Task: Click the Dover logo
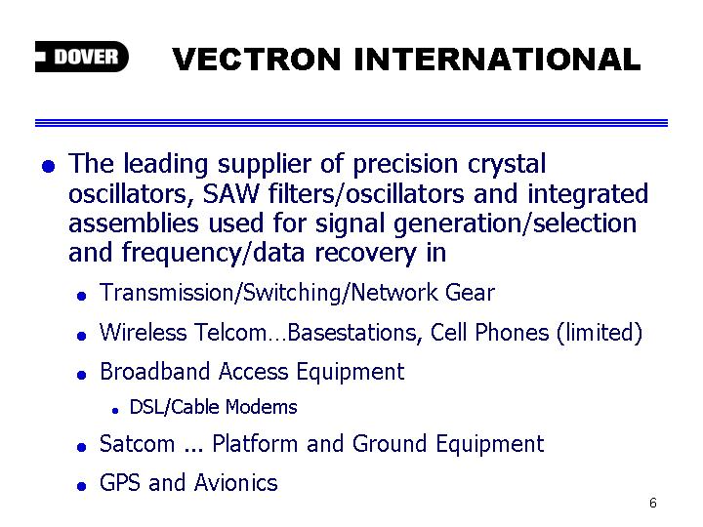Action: [82, 57]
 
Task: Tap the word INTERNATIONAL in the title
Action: [497, 60]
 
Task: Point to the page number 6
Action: [653, 503]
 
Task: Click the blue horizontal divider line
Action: [351, 123]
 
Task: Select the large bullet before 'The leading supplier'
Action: [49, 166]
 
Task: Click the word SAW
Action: [230, 193]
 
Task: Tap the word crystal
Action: [507, 165]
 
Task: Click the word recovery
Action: [365, 254]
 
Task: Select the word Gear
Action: [470, 293]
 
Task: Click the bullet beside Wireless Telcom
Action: [82, 336]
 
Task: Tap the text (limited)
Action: [600, 333]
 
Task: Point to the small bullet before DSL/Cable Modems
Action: [115, 411]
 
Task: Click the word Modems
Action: [261, 407]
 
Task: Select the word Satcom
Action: [138, 444]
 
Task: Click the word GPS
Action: [120, 483]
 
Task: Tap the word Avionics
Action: [236, 483]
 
